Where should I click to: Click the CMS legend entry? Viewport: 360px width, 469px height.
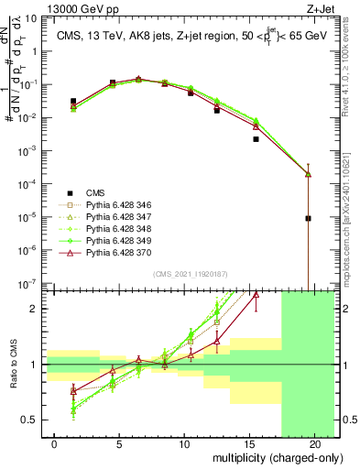click(x=94, y=192)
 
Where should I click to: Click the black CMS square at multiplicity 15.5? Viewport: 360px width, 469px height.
click(x=256, y=139)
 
